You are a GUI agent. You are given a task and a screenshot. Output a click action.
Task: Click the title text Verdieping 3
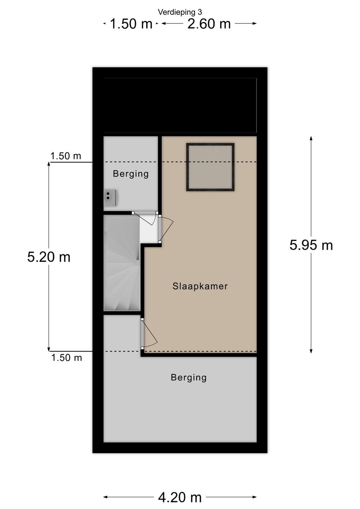coord(180,12)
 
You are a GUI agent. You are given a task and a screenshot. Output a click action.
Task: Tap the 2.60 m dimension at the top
coord(209,24)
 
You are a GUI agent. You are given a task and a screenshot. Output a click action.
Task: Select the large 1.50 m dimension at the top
coord(131,24)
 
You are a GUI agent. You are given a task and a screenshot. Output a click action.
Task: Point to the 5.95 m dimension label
coord(311,245)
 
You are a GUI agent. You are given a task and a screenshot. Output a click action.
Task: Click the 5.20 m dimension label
coord(49,257)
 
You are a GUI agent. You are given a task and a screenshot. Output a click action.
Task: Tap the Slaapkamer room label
coord(200,286)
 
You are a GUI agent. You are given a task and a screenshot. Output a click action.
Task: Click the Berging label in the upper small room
coord(131,174)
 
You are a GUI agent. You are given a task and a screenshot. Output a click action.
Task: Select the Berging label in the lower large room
coord(188,378)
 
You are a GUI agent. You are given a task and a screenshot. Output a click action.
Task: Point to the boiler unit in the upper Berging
coord(110,198)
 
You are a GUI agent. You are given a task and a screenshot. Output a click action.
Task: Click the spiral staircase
coord(122,263)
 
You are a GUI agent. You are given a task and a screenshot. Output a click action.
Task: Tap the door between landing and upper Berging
coord(145,217)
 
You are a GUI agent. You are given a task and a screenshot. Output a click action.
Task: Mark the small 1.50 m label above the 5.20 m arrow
coord(65,156)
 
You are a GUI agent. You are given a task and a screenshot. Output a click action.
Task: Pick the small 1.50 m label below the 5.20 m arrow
coord(66,358)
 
